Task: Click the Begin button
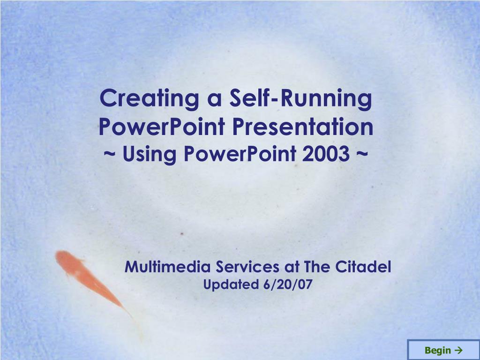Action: pos(443,350)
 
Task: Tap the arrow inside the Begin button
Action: pos(458,350)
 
